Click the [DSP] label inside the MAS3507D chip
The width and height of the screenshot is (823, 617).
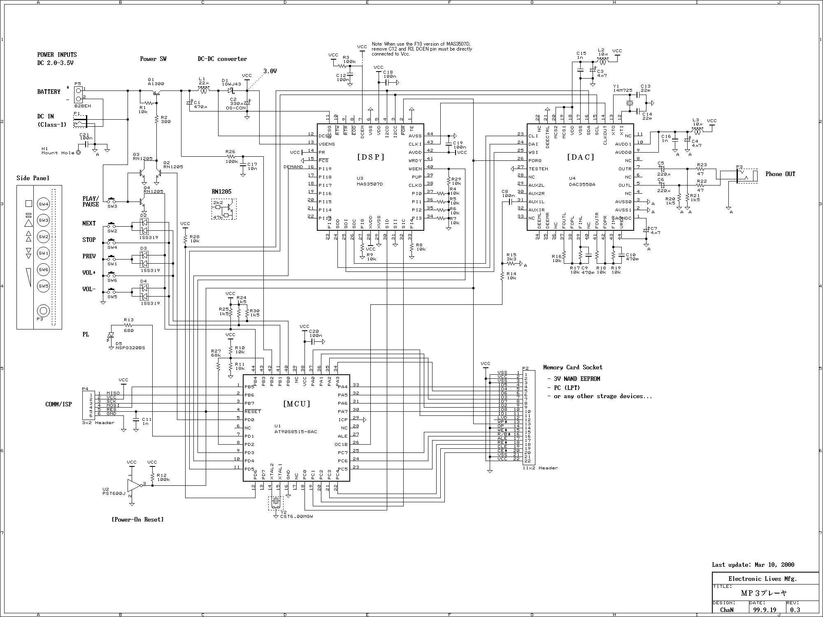click(370, 157)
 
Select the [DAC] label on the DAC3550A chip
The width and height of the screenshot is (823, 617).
click(581, 157)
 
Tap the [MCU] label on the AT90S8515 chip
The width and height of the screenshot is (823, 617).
click(297, 404)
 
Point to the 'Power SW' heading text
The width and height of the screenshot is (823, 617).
click(153, 59)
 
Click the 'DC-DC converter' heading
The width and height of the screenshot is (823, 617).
click(222, 59)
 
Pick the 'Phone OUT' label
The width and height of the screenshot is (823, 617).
click(780, 174)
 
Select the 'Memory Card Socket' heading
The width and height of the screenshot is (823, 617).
click(572, 367)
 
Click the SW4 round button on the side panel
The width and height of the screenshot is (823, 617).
click(44, 204)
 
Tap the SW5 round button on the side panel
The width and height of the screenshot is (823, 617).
click(44, 286)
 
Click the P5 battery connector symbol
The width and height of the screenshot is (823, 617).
click(78, 94)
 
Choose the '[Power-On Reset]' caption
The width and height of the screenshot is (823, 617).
click(137, 520)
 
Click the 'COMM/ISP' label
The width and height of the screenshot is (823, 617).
click(58, 404)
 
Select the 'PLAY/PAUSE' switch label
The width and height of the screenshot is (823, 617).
click(91, 202)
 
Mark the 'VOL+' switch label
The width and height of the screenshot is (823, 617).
click(89, 273)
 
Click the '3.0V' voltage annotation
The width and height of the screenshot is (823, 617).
click(270, 71)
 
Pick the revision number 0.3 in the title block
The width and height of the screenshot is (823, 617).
click(795, 610)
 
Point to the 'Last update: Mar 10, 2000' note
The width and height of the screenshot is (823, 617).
click(753, 565)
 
